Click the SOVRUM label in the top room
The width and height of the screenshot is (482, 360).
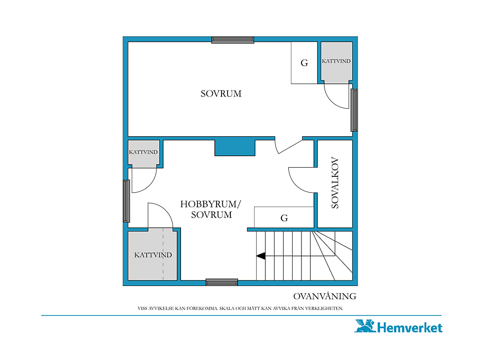(x=221, y=93)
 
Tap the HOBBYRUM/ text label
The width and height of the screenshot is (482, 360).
(x=211, y=204)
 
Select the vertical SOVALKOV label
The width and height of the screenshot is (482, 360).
(x=335, y=183)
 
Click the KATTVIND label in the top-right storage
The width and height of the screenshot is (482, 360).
(x=336, y=61)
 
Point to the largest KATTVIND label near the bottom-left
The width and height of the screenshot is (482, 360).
(x=153, y=255)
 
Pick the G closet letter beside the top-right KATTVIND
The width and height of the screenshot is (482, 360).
(x=304, y=63)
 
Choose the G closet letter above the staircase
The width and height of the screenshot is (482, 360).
(x=285, y=218)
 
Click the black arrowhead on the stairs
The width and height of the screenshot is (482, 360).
(x=261, y=256)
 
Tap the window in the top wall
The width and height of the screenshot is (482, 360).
(x=233, y=40)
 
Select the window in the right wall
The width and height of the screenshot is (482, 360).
(x=354, y=110)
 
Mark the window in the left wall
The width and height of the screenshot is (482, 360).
(x=126, y=201)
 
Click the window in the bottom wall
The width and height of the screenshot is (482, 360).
(x=222, y=282)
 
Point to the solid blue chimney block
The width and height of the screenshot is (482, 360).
(x=235, y=148)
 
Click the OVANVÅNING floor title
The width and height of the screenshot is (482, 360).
(x=325, y=296)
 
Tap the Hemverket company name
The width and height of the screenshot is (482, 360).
(x=409, y=328)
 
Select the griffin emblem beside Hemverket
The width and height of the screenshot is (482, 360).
(x=365, y=326)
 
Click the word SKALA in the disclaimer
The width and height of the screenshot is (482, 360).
(x=227, y=308)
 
